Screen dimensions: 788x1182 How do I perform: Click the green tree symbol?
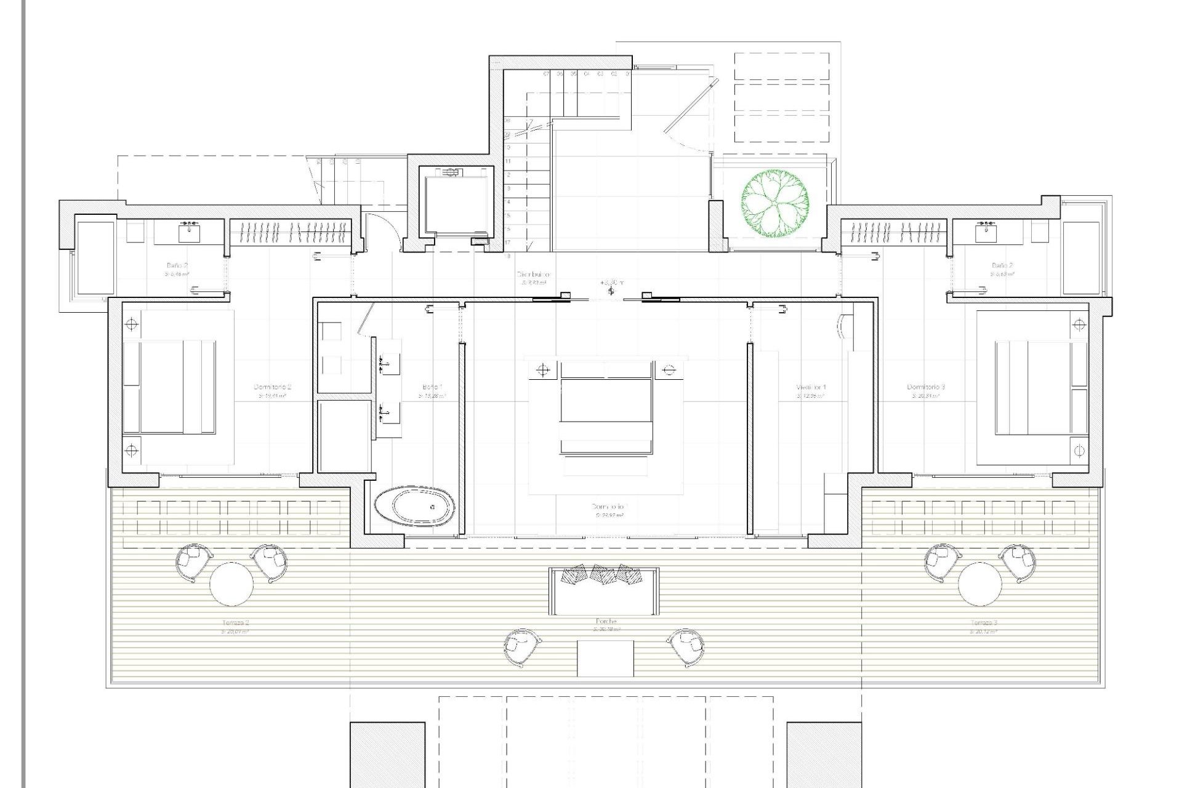(x=774, y=203)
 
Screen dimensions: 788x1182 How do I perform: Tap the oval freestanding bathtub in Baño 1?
(x=415, y=506)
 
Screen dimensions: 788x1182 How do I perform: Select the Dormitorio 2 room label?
(x=272, y=387)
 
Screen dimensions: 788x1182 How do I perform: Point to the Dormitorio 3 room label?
(x=925, y=387)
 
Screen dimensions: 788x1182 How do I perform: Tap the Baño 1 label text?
(x=432, y=387)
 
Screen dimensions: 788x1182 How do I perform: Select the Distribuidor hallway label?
(x=533, y=275)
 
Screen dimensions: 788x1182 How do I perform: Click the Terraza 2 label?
(x=235, y=623)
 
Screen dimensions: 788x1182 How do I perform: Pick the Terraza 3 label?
(x=983, y=623)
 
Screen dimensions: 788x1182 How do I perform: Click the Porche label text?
(x=606, y=622)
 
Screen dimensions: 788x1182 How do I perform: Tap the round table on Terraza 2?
(x=231, y=584)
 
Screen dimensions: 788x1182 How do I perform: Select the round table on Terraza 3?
(x=979, y=584)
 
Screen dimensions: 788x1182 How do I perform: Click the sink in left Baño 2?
(x=188, y=233)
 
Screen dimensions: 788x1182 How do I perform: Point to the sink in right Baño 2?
(x=986, y=233)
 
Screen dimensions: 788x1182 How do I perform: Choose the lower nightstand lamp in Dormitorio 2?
(x=131, y=451)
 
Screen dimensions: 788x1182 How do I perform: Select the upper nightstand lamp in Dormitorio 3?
(x=1079, y=324)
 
